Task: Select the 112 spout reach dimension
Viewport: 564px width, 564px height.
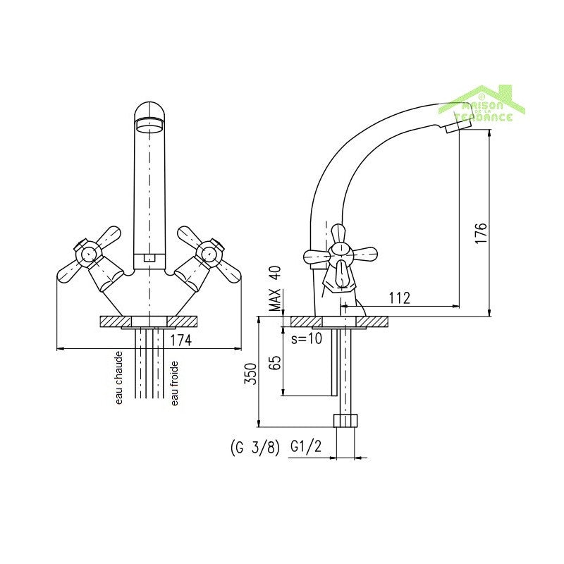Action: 399,298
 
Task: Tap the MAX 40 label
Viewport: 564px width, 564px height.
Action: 275,289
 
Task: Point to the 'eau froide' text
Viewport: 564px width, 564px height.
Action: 174,383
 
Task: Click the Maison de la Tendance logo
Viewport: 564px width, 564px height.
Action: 483,106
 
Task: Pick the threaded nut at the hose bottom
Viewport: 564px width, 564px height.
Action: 345,422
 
